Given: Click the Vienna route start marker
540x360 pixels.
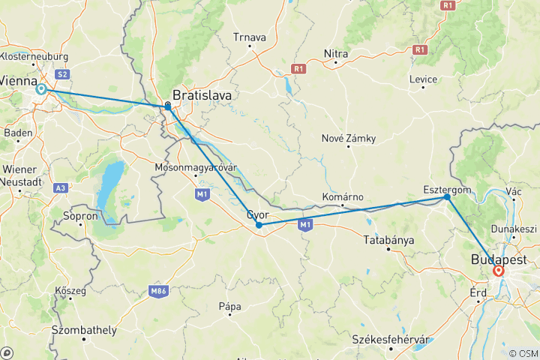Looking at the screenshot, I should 41,89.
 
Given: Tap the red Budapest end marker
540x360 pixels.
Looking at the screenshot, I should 499,271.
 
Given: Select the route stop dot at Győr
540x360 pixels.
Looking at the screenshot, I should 259,225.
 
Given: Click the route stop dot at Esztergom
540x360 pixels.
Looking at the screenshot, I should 447,197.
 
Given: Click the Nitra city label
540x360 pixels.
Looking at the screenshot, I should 336,53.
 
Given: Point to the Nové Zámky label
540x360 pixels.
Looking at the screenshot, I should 348,139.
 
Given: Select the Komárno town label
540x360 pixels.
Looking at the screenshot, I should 342,196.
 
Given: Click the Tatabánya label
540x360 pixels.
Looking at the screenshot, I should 388,240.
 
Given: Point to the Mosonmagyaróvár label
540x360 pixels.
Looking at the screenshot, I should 196,167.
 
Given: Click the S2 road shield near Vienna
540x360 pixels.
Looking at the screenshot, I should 64,73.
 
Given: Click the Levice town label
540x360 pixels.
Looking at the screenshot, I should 423,79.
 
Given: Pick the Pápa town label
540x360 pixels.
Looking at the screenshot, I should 229,305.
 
